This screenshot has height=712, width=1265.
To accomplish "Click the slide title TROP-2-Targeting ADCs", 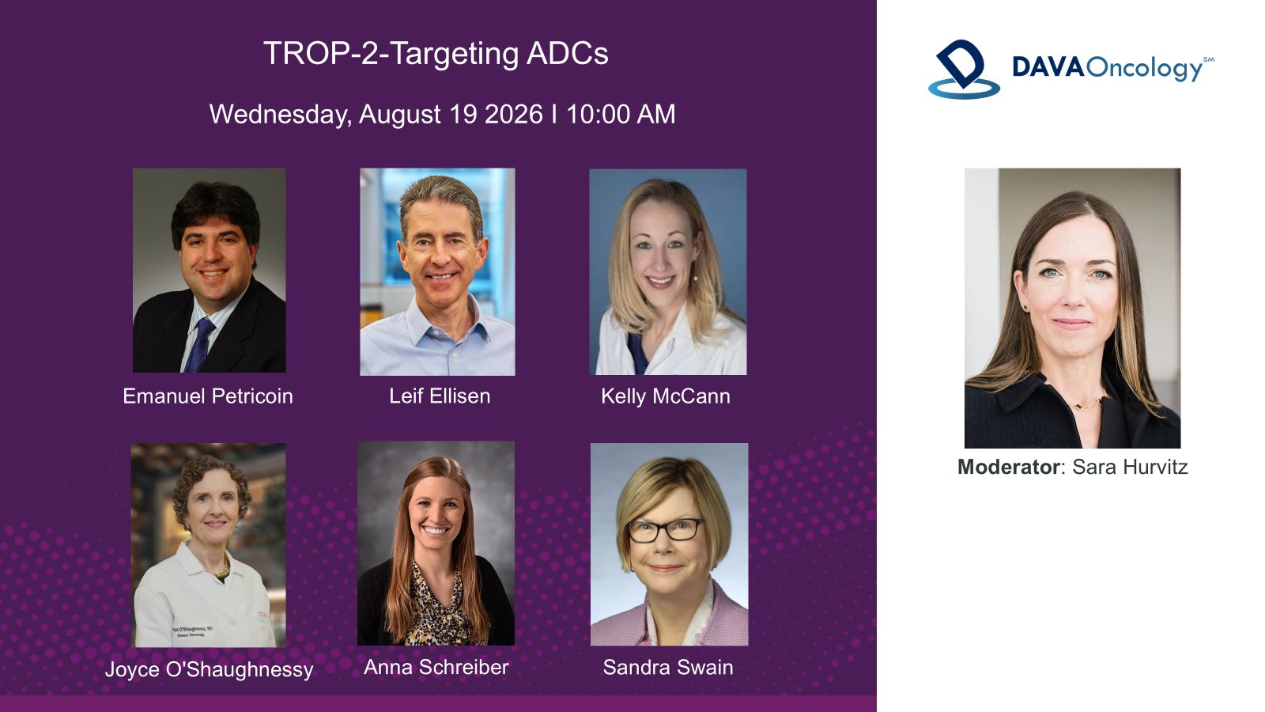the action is [436, 55].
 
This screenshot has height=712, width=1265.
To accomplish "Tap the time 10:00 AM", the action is [621, 114].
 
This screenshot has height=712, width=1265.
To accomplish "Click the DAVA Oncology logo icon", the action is [964, 69].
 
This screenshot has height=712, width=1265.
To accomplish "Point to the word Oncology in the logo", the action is [1146, 69].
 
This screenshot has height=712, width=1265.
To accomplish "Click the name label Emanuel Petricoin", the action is [208, 396].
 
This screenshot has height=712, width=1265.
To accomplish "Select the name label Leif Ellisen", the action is [440, 396].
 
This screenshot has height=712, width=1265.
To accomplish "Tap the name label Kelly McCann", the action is [665, 396].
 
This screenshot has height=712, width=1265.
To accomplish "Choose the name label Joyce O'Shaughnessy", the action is [209, 669].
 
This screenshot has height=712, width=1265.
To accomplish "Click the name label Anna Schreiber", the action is [436, 668].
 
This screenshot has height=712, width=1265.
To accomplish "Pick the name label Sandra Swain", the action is [668, 668].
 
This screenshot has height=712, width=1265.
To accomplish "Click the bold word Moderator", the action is [1008, 467].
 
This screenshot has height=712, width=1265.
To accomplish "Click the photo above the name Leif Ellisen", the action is [438, 272].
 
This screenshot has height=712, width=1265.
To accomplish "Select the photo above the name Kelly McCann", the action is [668, 272].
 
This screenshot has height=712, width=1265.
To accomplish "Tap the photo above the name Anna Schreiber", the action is [436, 543].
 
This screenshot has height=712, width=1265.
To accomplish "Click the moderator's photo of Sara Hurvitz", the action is [1072, 308].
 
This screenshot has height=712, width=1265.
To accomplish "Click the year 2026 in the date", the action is [514, 114].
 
